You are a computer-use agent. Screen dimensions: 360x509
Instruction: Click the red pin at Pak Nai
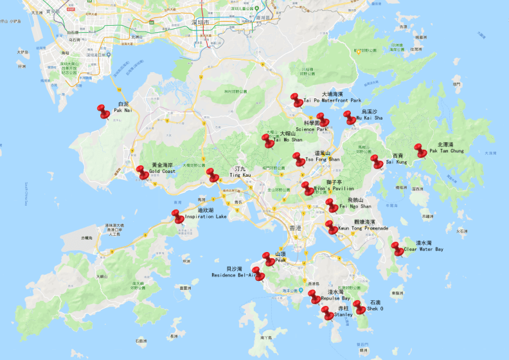point(103,111)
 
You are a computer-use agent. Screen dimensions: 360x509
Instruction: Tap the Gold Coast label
point(162,172)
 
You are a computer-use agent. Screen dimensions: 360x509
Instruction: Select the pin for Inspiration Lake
point(178,217)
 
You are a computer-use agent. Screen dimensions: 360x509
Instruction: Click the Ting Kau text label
point(240,175)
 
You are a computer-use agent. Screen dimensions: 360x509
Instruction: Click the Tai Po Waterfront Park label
point(333,100)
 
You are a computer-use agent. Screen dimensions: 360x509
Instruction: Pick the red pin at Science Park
point(323,120)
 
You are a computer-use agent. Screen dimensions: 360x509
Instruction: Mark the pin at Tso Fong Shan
point(298,159)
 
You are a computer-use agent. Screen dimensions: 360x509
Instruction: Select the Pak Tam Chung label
point(446,151)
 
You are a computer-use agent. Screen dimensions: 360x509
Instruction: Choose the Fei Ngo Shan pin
point(332,206)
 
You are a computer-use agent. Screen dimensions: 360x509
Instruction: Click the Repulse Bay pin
point(314,297)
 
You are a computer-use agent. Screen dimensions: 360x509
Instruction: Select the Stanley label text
point(343,315)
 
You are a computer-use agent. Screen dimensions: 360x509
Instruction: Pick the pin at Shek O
point(360,307)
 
